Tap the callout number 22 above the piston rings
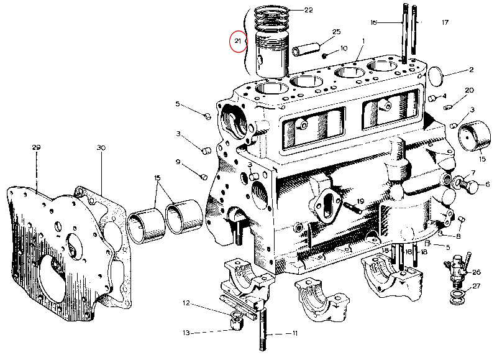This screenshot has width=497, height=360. click(308, 10)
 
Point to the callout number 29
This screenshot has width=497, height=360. click(36, 147)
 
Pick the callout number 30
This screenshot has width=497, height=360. click(101, 147)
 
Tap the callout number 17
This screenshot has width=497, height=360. click(445, 23)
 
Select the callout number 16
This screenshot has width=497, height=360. click(373, 23)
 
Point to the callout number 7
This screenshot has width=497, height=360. click(473, 172)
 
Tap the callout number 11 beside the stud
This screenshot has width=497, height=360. click(294, 333)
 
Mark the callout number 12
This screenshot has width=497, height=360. click(186, 303)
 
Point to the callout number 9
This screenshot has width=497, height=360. click(178, 162)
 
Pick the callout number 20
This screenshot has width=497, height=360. click(469, 90)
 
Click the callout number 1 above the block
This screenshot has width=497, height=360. click(363, 41)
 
